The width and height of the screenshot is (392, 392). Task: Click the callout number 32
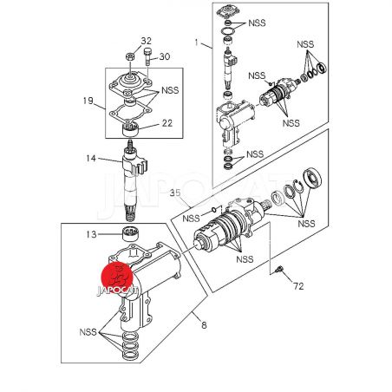tap(146, 41)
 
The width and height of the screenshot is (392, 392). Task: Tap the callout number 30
tap(165, 56)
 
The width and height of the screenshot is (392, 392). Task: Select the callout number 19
tap(88, 101)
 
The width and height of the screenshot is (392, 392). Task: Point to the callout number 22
tap(167, 123)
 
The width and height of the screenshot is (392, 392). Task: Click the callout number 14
tap(91, 158)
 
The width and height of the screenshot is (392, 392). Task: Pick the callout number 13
tap(91, 234)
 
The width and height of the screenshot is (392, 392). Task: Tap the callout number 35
tap(175, 193)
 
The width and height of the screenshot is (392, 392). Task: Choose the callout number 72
tap(298, 286)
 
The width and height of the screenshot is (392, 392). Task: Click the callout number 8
tap(204, 325)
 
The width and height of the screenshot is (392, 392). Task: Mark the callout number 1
tap(197, 42)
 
